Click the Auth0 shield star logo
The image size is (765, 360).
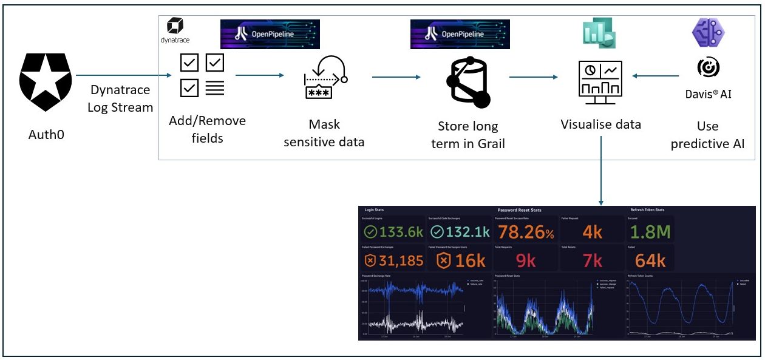[45, 82]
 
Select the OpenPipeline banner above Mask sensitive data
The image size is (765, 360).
[270, 35]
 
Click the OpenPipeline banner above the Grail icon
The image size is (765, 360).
[460, 35]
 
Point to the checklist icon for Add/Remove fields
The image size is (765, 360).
[203, 75]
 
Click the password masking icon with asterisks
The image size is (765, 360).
[324, 78]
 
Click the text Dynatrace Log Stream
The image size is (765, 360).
[121, 98]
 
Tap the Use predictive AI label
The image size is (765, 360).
[708, 135]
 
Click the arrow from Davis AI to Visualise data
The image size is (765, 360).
[656, 76]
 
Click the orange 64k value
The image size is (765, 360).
[650, 261]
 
